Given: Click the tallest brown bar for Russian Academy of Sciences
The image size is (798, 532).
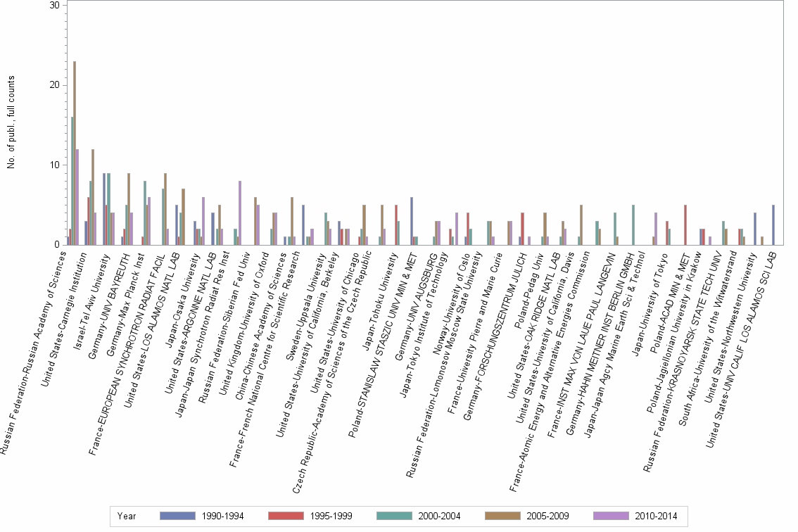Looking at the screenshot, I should click(75, 153).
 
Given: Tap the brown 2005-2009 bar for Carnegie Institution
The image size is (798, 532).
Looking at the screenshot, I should click(93, 197).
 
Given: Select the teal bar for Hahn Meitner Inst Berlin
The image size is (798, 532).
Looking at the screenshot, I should click(633, 224).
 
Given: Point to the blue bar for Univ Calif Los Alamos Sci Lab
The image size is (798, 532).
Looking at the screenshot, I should click(773, 224).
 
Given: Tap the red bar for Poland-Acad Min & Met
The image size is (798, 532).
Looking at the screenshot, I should click(685, 224).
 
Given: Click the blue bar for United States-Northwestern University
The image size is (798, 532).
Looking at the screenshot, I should click(755, 229).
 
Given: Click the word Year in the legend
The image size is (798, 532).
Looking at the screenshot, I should click(127, 517).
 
